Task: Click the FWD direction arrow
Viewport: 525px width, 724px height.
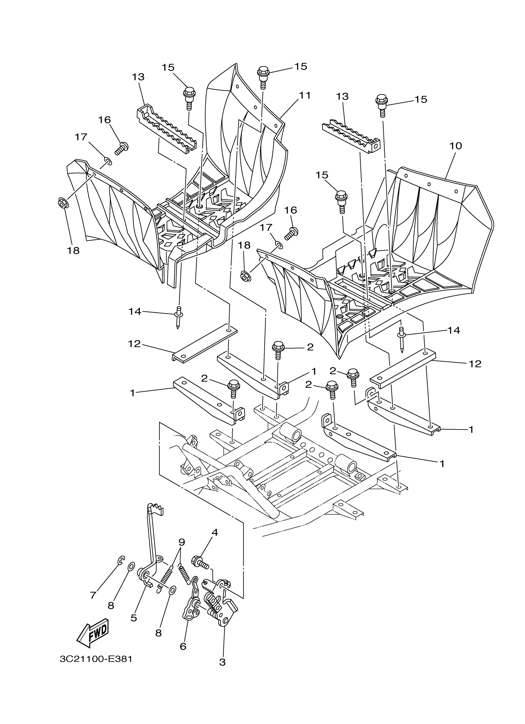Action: [x=93, y=633]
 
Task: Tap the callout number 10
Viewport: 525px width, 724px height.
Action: [x=456, y=146]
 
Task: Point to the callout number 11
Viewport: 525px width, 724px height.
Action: [x=304, y=95]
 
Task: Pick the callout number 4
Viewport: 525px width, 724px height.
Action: [x=215, y=532]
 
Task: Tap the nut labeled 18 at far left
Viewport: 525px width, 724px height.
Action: [x=63, y=202]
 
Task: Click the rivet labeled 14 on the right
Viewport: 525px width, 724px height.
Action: [x=402, y=340]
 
